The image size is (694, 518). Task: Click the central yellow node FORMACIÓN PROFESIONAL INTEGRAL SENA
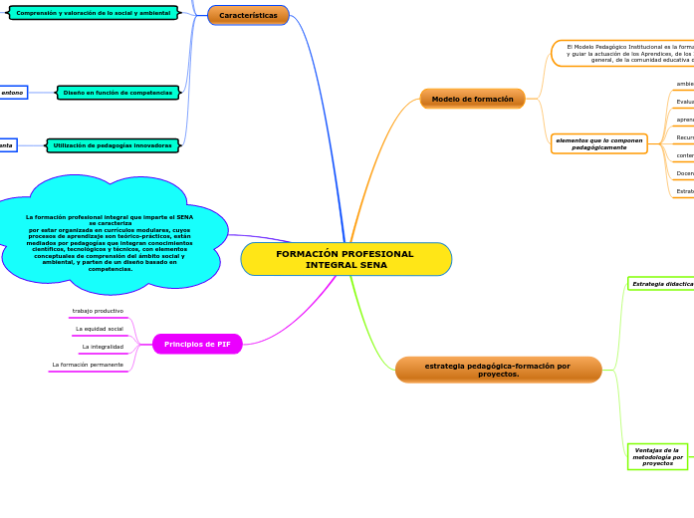pyautogui.click(x=346, y=259)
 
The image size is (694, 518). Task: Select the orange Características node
pyautogui.click(x=248, y=15)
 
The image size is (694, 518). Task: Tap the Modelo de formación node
pyautogui.click(x=472, y=99)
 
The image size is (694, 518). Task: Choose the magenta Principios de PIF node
pyautogui.click(x=197, y=344)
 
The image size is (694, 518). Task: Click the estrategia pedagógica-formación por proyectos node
pyautogui.click(x=498, y=370)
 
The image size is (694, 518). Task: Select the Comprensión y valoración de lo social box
pyautogui.click(x=94, y=13)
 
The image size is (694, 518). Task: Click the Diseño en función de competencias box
pyautogui.click(x=117, y=93)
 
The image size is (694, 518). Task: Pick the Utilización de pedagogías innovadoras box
pyautogui.click(x=113, y=145)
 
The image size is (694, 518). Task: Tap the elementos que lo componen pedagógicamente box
pyautogui.click(x=598, y=143)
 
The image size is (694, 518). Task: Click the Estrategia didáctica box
pyautogui.click(x=661, y=284)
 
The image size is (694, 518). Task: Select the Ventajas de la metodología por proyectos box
pyautogui.click(x=657, y=456)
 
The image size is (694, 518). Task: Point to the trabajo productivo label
pyautogui.click(x=98, y=311)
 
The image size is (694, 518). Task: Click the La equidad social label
pyautogui.click(x=100, y=329)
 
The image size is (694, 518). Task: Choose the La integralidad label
pyautogui.click(x=103, y=347)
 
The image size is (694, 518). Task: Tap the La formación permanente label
pyautogui.click(x=88, y=365)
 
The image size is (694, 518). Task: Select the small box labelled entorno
pyautogui.click(x=12, y=93)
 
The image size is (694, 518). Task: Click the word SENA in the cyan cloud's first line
pyautogui.click(x=185, y=216)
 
